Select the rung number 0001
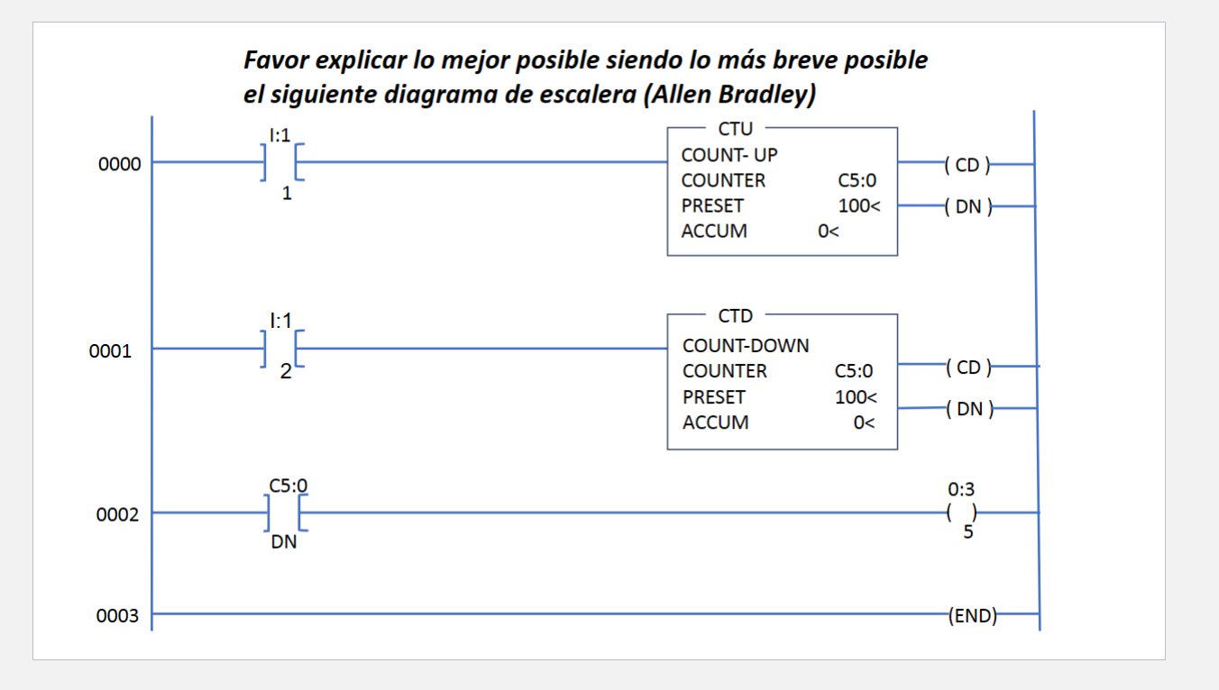point(110,351)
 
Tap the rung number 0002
point(117,515)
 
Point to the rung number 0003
point(117,617)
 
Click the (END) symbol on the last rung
point(972,616)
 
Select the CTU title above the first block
point(735,130)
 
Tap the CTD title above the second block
point(736,316)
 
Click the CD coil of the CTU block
point(967,165)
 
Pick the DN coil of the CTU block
point(967,207)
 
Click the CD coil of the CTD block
point(968,368)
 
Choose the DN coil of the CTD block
point(969,410)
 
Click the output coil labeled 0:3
point(962,513)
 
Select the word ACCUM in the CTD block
point(715,422)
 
